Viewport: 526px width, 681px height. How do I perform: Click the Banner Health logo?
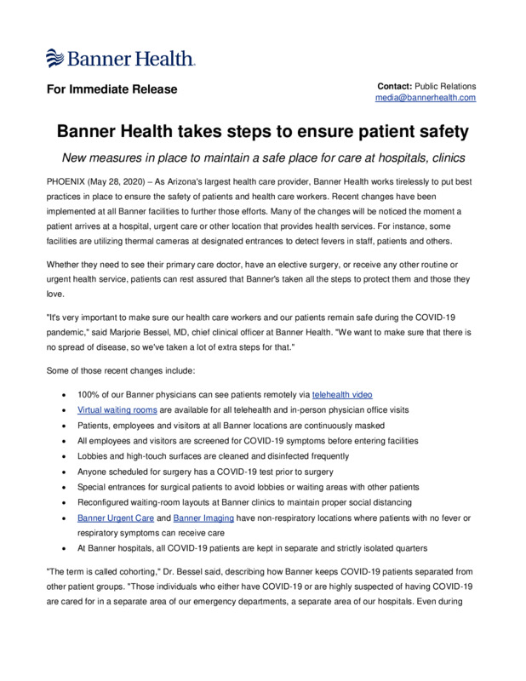pos(120,58)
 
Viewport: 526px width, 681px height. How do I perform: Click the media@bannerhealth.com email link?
pos(426,98)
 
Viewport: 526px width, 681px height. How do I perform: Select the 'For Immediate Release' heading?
pos(111,89)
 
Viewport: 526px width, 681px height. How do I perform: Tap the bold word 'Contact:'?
pos(395,86)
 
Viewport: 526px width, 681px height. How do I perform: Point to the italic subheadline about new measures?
pos(263,158)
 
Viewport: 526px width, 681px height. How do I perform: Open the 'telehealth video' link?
pos(342,395)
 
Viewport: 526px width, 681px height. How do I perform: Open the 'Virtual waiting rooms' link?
pos(111,410)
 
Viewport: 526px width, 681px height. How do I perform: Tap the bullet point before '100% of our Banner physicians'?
pos(66,396)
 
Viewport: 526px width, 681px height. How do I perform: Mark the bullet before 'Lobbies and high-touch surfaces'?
pos(66,457)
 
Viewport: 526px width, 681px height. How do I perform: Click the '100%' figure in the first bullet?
pos(89,395)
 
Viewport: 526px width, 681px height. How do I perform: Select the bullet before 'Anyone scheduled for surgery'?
pos(66,472)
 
